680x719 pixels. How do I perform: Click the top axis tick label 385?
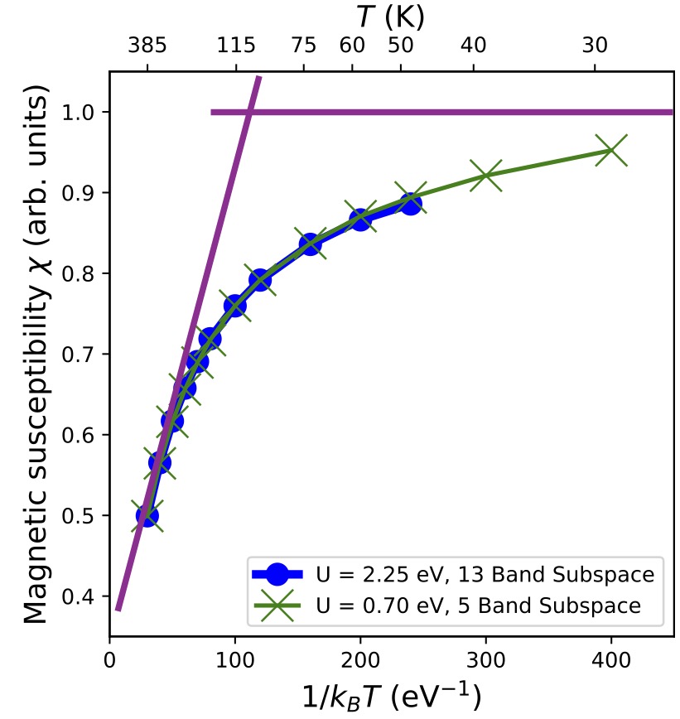coord(147,46)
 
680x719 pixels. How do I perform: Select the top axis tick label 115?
coord(236,46)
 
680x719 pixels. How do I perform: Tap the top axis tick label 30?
coord(594,46)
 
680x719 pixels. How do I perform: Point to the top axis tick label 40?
coord(474,46)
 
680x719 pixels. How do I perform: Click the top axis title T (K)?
coord(391,15)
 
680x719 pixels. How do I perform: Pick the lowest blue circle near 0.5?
coord(147,515)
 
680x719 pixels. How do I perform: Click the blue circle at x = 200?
coord(359,220)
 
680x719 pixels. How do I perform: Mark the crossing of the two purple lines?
coord(248,112)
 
